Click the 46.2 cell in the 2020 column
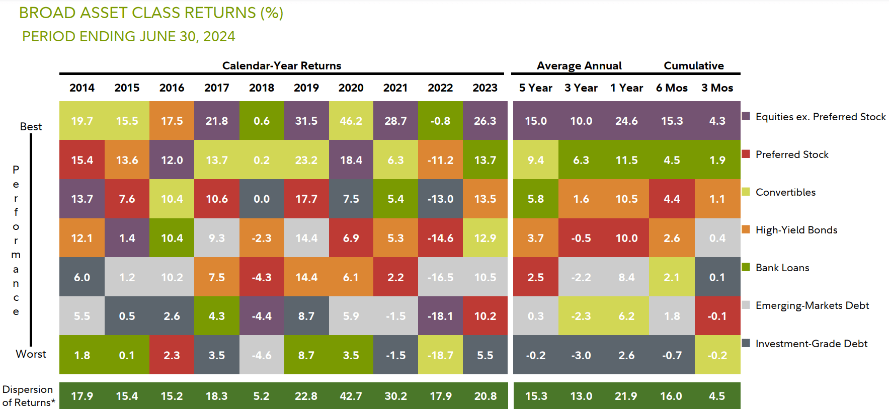click(x=351, y=121)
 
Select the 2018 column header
click(x=261, y=88)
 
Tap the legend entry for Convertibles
click(x=785, y=192)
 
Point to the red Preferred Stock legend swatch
click(x=746, y=153)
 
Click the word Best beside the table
click(x=31, y=127)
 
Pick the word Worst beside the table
click(x=31, y=354)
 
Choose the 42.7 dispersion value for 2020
click(x=351, y=396)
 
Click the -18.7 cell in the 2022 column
click(x=440, y=355)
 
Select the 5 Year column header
click(x=535, y=88)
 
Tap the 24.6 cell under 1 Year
click(x=626, y=121)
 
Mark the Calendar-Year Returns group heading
click(x=281, y=66)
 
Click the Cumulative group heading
click(x=693, y=66)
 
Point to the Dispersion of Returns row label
click(x=28, y=396)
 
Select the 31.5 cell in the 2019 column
click(x=306, y=121)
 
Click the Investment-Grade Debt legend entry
click(x=811, y=344)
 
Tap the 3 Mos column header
click(x=717, y=88)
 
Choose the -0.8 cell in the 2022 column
click(x=440, y=121)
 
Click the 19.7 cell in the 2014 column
click(x=82, y=121)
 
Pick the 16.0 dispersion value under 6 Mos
click(x=671, y=396)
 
